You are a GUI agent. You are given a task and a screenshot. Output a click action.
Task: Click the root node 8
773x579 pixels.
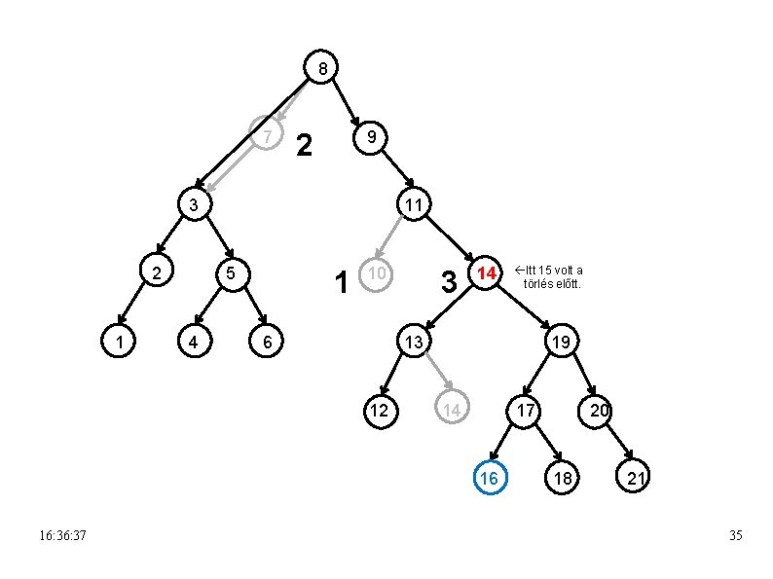click(322, 67)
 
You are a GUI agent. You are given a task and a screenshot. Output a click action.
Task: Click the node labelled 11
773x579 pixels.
click(414, 205)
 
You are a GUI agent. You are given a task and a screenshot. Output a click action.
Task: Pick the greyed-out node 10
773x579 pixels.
click(376, 275)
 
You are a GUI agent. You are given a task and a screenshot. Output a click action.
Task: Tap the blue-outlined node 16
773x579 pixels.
click(490, 478)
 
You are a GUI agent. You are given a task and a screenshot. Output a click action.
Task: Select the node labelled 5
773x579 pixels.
click(230, 274)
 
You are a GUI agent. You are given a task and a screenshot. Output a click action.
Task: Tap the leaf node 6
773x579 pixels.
click(267, 342)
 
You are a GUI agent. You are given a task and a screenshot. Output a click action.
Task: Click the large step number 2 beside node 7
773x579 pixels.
click(304, 146)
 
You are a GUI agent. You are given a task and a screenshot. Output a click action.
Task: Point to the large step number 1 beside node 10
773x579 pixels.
click(341, 283)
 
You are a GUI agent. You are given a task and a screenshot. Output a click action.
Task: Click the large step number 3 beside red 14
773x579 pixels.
click(448, 283)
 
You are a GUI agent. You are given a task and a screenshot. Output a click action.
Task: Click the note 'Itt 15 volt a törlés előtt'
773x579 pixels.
click(550, 276)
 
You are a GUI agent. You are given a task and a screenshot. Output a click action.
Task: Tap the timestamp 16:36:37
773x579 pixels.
click(63, 536)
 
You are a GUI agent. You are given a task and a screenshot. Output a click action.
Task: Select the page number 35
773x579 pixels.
click(735, 536)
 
